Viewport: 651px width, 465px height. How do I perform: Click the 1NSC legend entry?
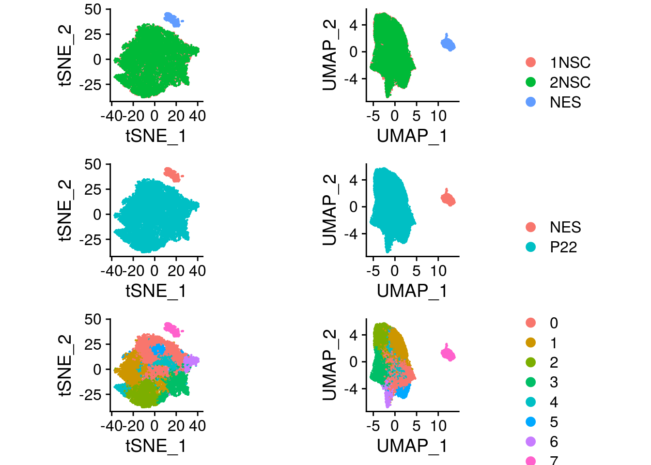570,62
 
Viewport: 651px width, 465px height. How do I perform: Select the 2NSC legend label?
570,82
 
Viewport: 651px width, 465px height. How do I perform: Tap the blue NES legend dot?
531,102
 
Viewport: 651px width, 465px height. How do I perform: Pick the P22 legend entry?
563,247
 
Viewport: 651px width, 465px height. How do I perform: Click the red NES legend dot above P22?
531,227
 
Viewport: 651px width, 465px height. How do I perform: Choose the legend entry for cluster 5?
554,422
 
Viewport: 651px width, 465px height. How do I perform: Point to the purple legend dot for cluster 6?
531,442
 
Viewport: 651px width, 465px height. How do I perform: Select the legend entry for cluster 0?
554,323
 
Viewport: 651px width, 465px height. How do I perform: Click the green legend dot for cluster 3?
531,382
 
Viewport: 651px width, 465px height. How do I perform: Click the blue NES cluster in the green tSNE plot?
172,19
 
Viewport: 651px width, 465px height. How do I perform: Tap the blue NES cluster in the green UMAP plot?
448,44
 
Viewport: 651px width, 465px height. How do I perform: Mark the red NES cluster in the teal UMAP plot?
448,199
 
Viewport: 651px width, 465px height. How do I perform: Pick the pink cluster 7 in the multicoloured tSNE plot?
172,329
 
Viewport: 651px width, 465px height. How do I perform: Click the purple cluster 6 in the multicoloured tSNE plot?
192,361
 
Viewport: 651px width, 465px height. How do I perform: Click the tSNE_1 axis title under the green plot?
155,136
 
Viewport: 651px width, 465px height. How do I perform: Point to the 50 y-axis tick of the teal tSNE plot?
93,164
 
